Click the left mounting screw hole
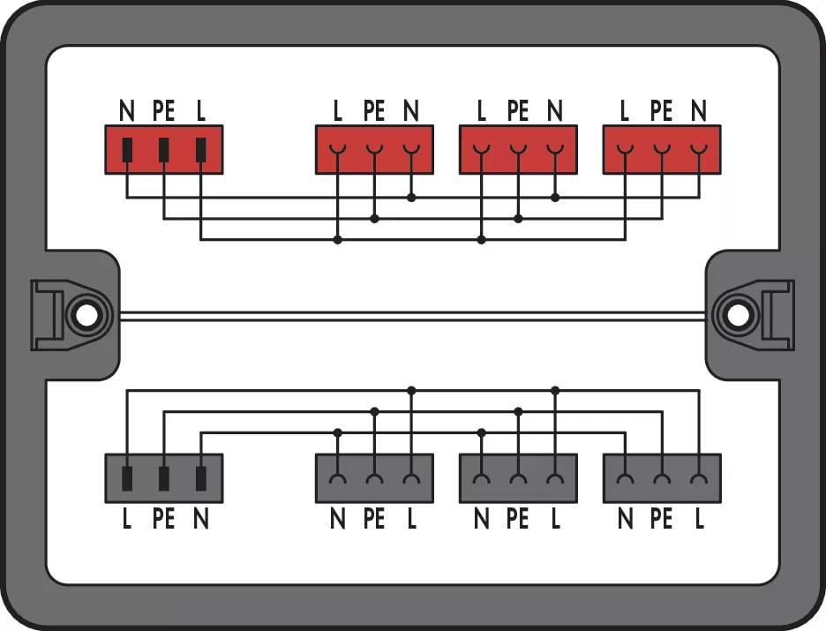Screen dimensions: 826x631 coord(86,316)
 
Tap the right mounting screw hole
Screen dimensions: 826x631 coord(738,316)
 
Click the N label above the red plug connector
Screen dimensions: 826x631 coord(127,111)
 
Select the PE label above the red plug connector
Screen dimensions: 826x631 coord(164,111)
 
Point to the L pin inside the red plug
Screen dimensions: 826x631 coord(200,150)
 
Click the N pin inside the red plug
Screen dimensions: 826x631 coord(127,150)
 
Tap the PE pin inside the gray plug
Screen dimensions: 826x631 coord(164,478)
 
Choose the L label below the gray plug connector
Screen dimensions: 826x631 coord(127,519)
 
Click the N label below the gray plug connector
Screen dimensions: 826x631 coord(200,519)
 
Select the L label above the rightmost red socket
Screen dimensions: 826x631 coord(625,111)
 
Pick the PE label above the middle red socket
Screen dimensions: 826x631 coord(518,111)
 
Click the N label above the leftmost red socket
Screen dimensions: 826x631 coord(411,111)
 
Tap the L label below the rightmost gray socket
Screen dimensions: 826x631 coord(699,519)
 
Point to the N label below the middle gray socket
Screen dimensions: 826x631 coord(482,519)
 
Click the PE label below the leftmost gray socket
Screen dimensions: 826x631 coord(374,519)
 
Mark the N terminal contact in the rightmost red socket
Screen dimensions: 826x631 coord(699,149)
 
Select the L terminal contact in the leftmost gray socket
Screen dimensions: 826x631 coord(411,478)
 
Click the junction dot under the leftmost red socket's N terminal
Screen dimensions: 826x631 coord(411,198)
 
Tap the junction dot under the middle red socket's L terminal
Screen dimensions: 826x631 coord(482,240)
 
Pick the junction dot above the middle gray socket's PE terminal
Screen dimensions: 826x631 coord(518,411)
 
